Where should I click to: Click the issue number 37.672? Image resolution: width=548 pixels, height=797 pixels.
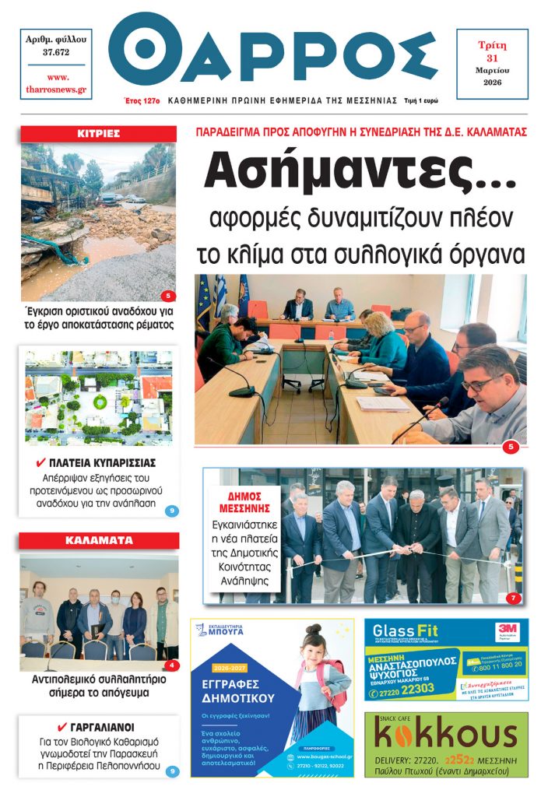(x=56, y=52)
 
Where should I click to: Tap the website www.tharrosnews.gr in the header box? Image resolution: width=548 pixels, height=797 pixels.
(x=56, y=84)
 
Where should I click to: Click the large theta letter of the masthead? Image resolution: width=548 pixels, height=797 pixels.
(x=142, y=48)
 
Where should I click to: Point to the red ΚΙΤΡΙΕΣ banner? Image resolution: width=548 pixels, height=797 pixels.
(x=98, y=133)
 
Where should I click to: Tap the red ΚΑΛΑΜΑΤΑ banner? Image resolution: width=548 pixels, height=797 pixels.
(x=99, y=540)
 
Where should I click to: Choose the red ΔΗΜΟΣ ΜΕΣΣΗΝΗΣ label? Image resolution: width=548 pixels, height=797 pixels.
(x=243, y=502)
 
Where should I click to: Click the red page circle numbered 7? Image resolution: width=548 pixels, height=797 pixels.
(x=513, y=599)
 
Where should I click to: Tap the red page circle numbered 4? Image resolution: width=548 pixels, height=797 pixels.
(x=172, y=665)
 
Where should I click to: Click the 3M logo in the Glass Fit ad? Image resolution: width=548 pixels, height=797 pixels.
(x=508, y=628)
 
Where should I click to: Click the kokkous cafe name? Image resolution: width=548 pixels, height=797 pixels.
(x=445, y=734)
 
